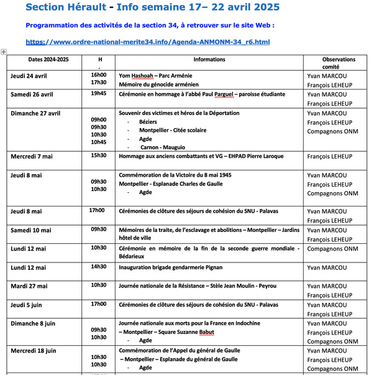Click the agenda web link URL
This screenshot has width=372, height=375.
(x=148, y=42)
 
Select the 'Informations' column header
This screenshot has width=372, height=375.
(x=209, y=60)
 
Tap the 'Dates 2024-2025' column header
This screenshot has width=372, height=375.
(x=40, y=60)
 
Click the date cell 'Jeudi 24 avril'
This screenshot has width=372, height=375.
(x=29, y=76)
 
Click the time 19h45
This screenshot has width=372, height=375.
(x=98, y=93)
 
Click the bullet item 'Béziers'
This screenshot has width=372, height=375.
(x=148, y=123)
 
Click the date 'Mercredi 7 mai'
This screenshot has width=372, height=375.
(x=31, y=157)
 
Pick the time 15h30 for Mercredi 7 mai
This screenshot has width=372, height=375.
(x=98, y=155)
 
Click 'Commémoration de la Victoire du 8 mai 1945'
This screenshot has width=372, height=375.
(x=175, y=175)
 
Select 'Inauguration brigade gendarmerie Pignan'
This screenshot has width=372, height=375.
(x=170, y=267)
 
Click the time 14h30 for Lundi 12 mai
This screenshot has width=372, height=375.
(x=98, y=266)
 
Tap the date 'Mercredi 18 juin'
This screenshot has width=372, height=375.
(x=33, y=351)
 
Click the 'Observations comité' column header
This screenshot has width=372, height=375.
(x=338, y=63)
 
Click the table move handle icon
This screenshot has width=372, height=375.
(x=4, y=52)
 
